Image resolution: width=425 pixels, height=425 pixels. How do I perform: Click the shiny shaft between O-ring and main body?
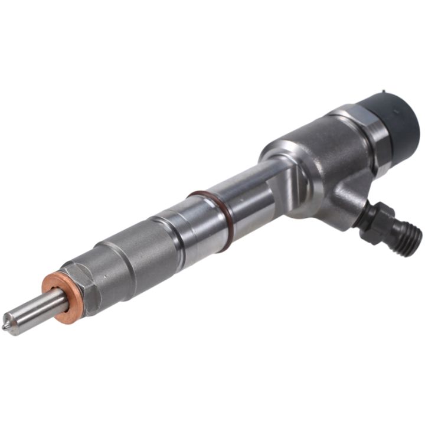click(248, 195)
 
